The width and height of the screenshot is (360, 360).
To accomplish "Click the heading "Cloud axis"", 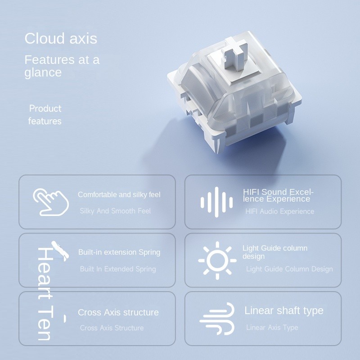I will pyautogui.click(x=61, y=39).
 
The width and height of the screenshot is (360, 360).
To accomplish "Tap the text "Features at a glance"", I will pyautogui.click(x=62, y=66).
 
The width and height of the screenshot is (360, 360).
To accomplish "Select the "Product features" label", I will pyautogui.click(x=45, y=115).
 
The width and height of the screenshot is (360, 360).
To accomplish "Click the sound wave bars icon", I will pyautogui.click(x=216, y=201).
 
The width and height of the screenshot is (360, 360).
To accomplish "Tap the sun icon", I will pyautogui.click(x=217, y=260).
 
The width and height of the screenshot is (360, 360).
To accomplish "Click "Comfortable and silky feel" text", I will pyautogui.click(x=119, y=195).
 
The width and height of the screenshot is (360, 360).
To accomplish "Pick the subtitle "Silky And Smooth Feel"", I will pyautogui.click(x=115, y=211).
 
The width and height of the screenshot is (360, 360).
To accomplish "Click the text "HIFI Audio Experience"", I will pyautogui.click(x=279, y=211).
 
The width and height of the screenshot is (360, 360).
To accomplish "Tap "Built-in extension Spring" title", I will pyautogui.click(x=119, y=252).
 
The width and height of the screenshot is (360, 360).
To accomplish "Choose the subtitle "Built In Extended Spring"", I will pyautogui.click(x=118, y=269).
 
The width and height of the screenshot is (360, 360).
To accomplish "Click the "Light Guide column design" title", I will pyautogui.click(x=274, y=252).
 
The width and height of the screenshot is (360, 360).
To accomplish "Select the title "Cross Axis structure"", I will pyautogui.click(x=118, y=312).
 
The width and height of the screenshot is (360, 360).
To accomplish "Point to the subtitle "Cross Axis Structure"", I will pyautogui.click(x=112, y=328).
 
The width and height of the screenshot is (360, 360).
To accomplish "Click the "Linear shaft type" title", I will pyautogui.click(x=283, y=310).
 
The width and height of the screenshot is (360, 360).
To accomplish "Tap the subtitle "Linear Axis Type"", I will pyautogui.click(x=272, y=328).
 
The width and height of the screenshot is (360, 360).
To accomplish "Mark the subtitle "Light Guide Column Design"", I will pyautogui.click(x=289, y=269).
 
